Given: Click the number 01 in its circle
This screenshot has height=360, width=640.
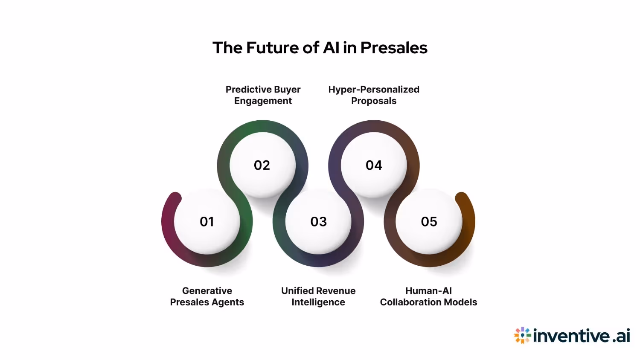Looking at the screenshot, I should tap(207, 222).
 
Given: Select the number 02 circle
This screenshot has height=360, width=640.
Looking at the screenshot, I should tap(262, 165).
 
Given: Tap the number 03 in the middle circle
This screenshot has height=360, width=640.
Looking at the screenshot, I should tap(318, 222).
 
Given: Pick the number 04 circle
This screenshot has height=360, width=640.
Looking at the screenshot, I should tap(374, 165).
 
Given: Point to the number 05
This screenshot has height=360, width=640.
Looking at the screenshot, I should tap(429, 222).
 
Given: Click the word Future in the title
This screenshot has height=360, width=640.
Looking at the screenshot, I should tap(273, 48).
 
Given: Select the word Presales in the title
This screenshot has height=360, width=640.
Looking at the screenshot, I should tap(394, 48).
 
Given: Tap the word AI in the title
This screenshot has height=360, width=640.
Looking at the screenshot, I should tap(331, 48).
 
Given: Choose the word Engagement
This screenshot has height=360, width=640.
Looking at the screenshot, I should tap(263, 101).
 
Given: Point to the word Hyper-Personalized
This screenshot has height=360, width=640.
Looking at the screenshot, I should tap(374, 90).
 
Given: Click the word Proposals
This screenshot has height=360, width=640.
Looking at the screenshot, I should tap(374, 101).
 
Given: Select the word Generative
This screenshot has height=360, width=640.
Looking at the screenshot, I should tap(207, 291).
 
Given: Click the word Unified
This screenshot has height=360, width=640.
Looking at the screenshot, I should tap(298, 291).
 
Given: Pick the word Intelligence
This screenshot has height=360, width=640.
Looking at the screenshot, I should tap(318, 302).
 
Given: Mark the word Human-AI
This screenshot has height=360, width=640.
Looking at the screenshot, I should tap(428, 291).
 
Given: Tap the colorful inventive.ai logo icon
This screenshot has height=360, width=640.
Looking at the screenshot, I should tap(522, 335).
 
